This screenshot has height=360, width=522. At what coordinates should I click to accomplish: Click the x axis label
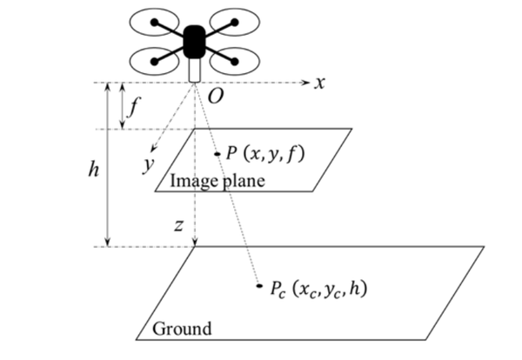(x=319, y=83)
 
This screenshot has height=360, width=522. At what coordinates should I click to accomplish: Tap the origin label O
(x=216, y=97)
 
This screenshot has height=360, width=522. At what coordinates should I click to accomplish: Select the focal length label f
(x=133, y=106)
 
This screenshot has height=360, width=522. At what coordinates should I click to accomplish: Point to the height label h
(x=94, y=169)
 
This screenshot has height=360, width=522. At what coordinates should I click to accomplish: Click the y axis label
(x=149, y=164)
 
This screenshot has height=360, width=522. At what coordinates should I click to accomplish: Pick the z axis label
(x=178, y=225)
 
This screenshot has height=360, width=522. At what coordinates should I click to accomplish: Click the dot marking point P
(x=217, y=154)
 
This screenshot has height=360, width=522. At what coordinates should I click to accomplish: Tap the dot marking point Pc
(x=259, y=285)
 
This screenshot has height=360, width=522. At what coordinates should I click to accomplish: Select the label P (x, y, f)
(x=265, y=154)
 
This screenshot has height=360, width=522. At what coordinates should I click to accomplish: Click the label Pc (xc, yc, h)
(x=318, y=289)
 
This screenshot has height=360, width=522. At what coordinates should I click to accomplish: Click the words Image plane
(x=217, y=181)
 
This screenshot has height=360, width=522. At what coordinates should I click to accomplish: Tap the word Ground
(x=182, y=329)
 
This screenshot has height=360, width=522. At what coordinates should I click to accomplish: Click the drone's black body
(x=194, y=42)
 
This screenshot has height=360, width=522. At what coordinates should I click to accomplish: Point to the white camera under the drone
(x=194, y=70)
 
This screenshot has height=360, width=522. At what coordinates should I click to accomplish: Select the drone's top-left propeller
(x=155, y=23)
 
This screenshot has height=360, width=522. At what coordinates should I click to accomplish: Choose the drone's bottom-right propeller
(x=234, y=62)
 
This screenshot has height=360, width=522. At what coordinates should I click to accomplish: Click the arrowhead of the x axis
(x=305, y=83)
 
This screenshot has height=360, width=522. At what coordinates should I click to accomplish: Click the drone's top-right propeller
(x=234, y=23)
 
